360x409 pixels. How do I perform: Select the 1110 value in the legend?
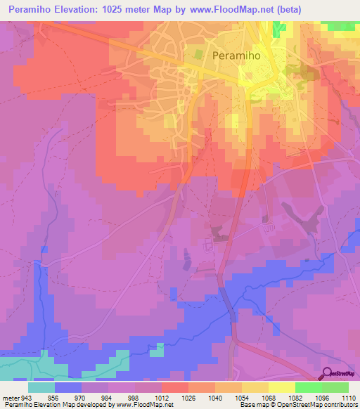(347, 396)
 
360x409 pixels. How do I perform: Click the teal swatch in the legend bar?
(41, 387)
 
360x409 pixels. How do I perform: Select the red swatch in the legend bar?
(174, 387)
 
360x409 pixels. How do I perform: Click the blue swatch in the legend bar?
(68, 387)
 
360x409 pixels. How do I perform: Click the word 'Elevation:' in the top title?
(75, 10)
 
